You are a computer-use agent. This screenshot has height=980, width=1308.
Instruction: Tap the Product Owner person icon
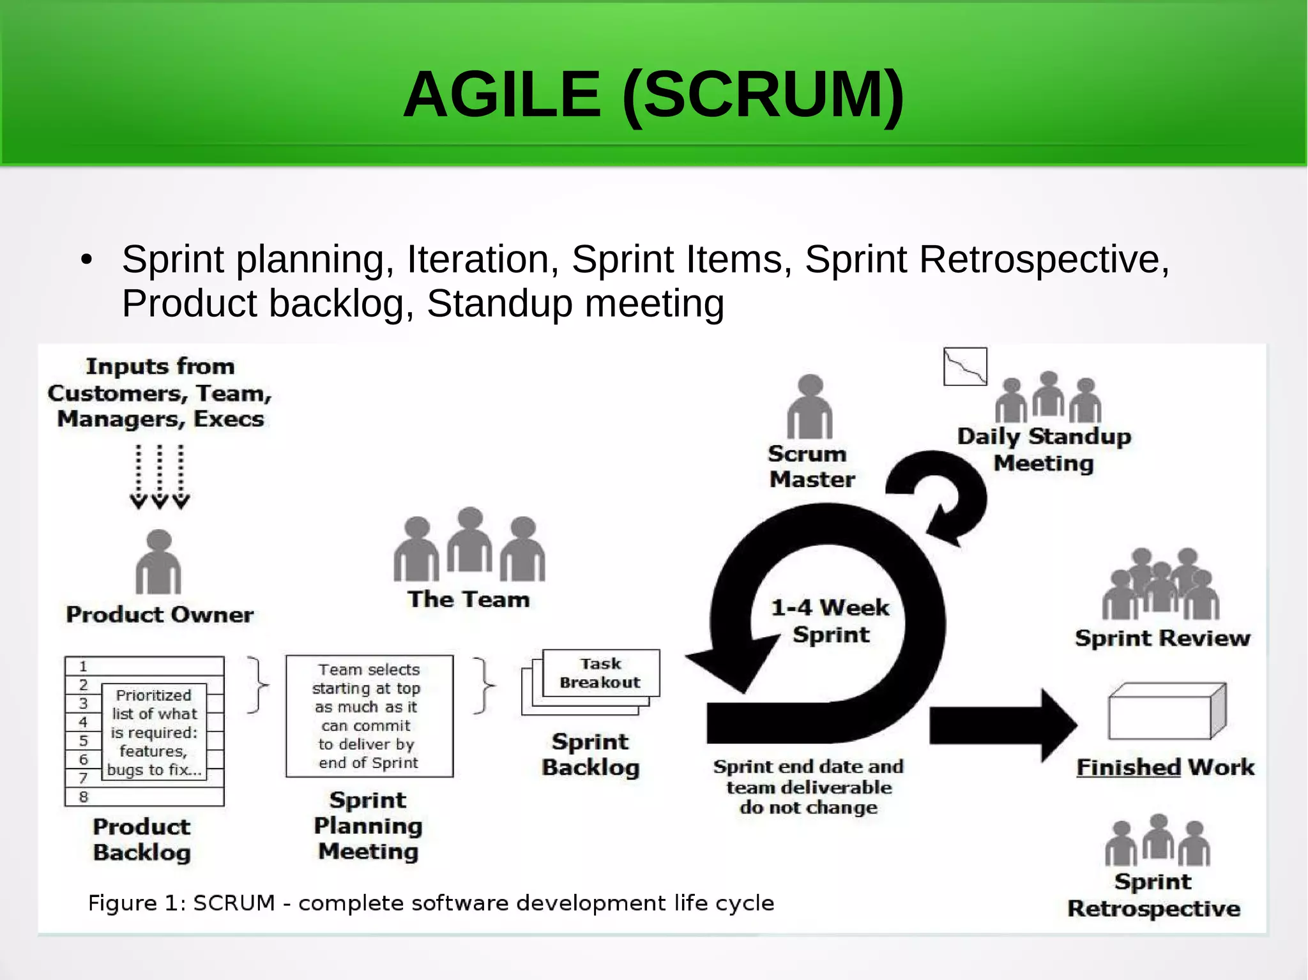[158, 563]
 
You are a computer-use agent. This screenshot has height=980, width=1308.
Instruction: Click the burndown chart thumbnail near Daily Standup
[964, 366]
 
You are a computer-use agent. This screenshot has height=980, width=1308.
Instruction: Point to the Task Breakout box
[600, 673]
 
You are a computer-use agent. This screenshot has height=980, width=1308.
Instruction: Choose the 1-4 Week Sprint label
[830, 621]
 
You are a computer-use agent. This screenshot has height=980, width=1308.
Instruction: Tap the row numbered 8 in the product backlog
[144, 797]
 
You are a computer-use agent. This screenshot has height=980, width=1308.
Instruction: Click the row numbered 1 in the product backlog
[144, 666]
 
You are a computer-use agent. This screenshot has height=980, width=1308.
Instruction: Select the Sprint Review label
[1162, 638]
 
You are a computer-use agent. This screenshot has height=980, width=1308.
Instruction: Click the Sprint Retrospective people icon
[1157, 841]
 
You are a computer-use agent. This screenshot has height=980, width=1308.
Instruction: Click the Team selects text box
[369, 716]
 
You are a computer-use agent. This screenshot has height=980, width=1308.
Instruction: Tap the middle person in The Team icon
[470, 540]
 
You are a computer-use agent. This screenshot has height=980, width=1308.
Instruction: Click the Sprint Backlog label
[590, 754]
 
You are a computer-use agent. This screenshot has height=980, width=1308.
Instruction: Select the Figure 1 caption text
[431, 903]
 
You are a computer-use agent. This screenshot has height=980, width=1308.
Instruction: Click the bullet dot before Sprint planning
[87, 260]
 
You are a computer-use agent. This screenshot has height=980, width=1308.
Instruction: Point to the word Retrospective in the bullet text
[1044, 260]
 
